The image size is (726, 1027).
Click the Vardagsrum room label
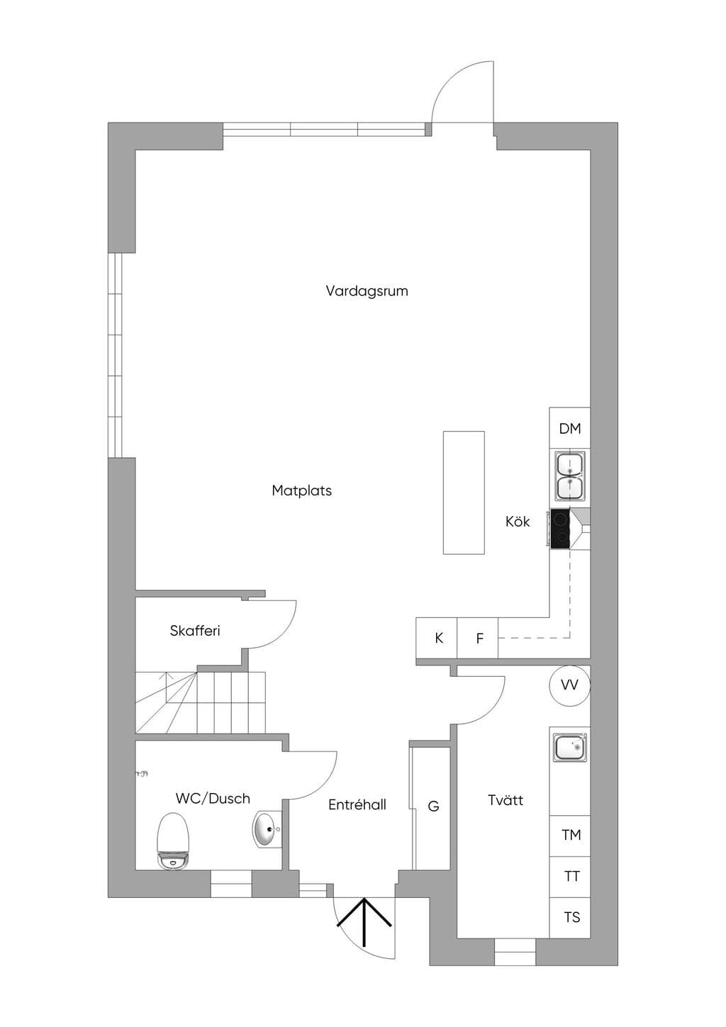(367, 291)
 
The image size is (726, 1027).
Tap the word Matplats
(301, 490)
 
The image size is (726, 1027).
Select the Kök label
(518, 521)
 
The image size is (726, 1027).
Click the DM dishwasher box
(569, 429)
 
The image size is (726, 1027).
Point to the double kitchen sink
(570, 476)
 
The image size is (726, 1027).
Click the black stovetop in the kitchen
(560, 529)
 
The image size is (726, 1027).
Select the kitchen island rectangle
(464, 493)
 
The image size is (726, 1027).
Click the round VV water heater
(569, 685)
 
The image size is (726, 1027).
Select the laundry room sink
(570, 748)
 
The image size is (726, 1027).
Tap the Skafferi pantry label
(195, 631)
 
